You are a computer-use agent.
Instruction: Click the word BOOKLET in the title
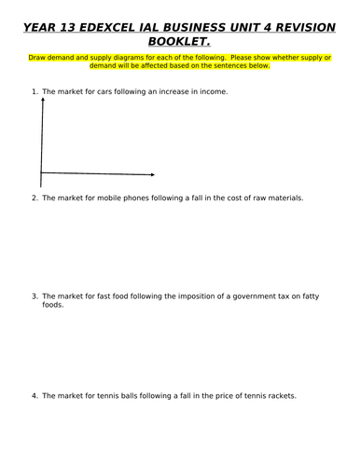click(x=179, y=42)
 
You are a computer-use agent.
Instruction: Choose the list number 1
click(x=34, y=91)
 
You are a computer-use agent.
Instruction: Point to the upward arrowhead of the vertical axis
click(x=41, y=100)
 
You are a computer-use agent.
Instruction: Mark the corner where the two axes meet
click(x=41, y=172)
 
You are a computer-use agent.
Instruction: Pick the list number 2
click(x=34, y=198)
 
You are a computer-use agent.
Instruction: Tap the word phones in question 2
click(x=133, y=198)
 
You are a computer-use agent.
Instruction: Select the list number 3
click(x=34, y=295)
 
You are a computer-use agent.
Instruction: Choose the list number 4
click(x=34, y=395)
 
